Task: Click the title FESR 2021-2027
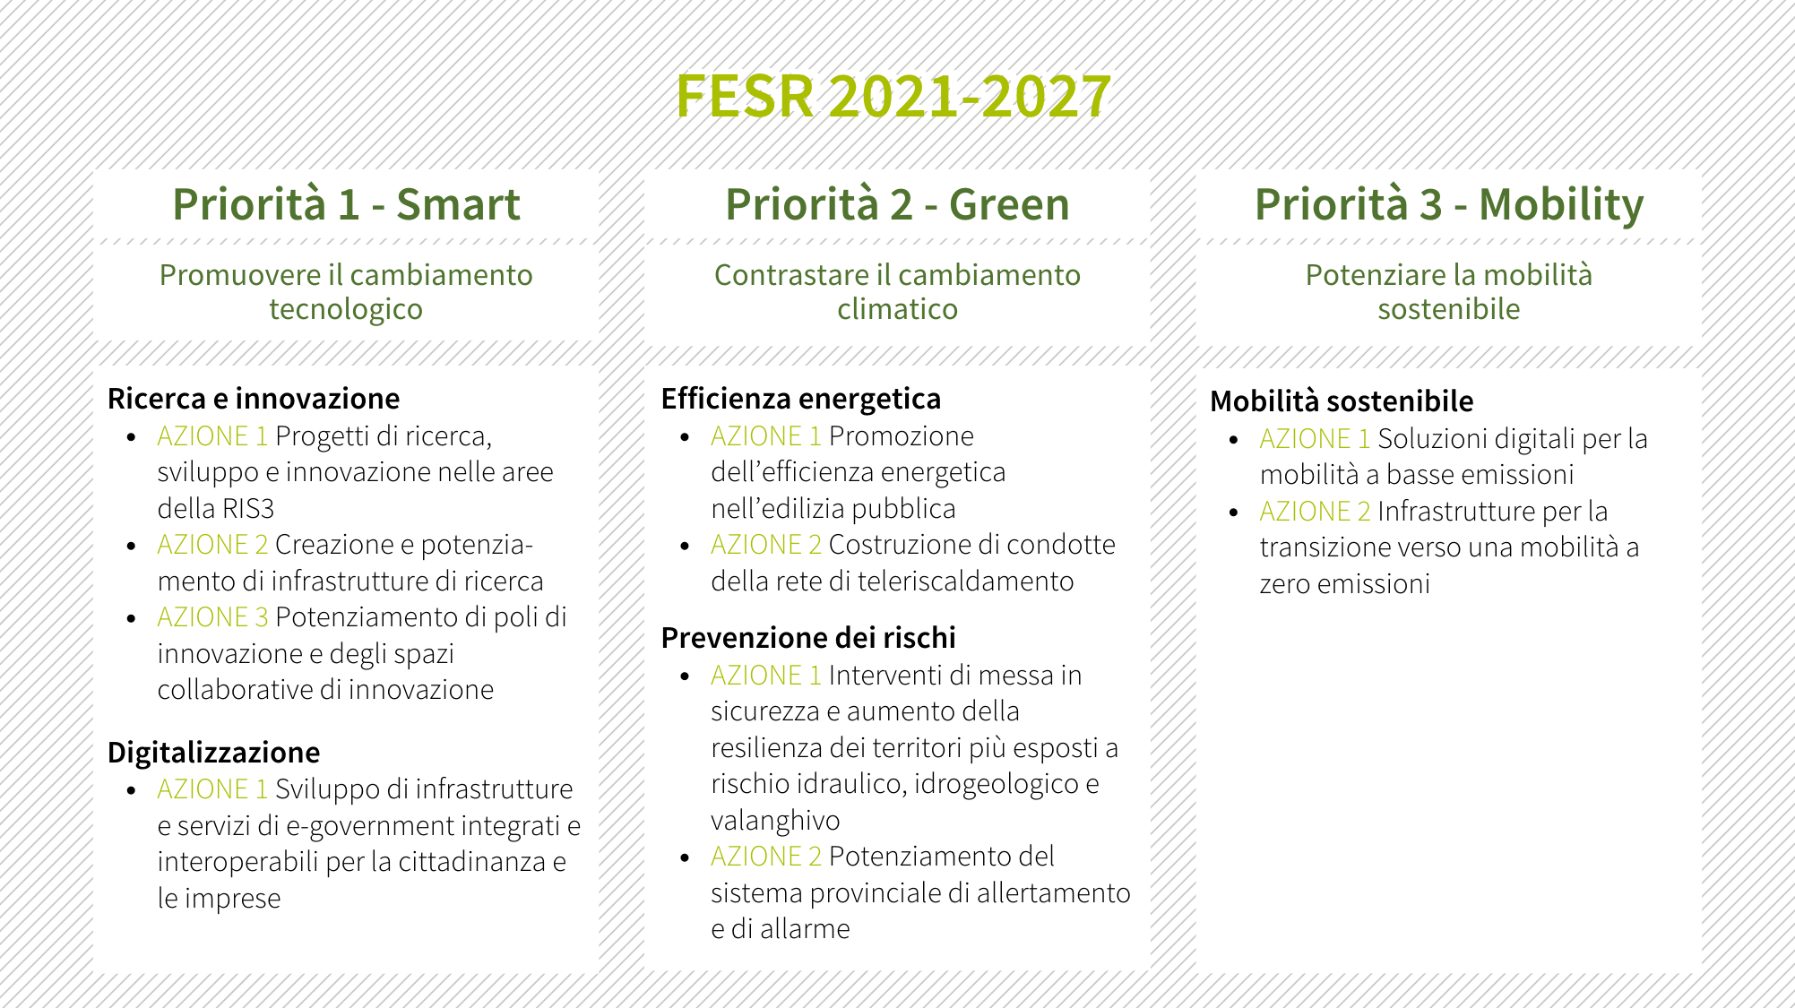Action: point(893,96)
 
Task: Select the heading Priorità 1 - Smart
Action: point(346,204)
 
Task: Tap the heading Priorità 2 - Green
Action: point(897,204)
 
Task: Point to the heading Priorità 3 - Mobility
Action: point(1449,206)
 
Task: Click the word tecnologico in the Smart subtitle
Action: point(346,310)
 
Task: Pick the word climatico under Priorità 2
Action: point(897,309)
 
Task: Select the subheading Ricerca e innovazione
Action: point(254,399)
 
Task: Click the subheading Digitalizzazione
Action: point(213,753)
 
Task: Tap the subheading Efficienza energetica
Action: point(801,399)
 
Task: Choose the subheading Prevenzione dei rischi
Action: point(808,638)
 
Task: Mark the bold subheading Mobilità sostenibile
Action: point(1342,401)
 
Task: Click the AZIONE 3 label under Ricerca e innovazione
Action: point(212,617)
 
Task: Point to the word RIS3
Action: point(248,509)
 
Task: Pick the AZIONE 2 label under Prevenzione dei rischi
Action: point(766,857)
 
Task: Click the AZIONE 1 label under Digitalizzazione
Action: point(212,789)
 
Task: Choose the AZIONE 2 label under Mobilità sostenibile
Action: point(1315,512)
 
